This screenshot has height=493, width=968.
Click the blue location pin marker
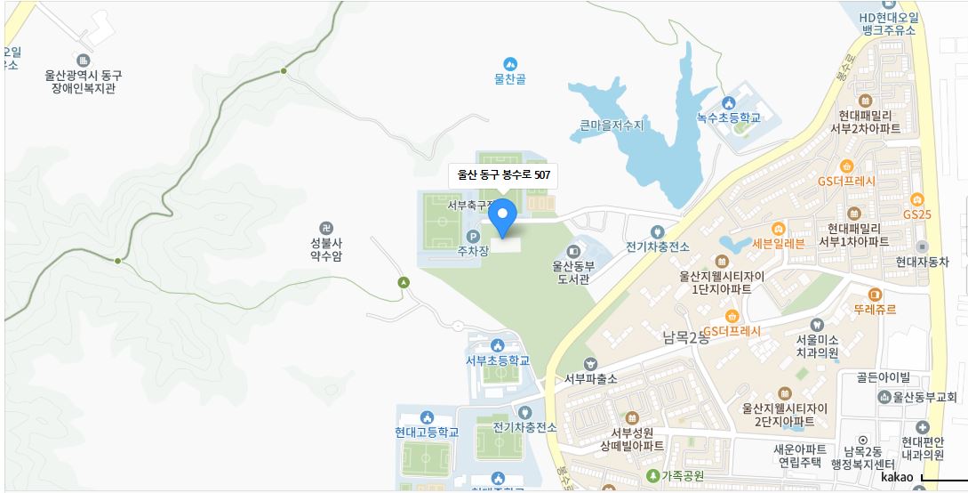click(503, 217)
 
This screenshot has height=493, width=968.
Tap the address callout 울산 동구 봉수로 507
click(503, 175)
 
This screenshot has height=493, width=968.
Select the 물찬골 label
click(510, 78)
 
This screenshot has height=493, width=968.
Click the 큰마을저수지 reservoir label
click(612, 125)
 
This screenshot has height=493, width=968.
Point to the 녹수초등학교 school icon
click(729, 102)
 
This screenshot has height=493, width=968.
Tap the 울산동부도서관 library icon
click(573, 248)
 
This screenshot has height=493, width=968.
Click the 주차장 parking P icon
click(473, 236)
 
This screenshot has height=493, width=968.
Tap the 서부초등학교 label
click(498, 360)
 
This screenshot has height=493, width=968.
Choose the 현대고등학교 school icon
click(428, 416)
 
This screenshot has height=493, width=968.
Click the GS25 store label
click(916, 214)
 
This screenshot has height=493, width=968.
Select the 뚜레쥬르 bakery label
click(875, 309)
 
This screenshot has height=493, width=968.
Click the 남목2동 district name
click(686, 338)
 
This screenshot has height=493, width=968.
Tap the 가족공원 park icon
click(653, 476)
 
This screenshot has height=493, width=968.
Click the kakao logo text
click(896, 478)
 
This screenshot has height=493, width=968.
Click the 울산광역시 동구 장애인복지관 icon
click(84, 61)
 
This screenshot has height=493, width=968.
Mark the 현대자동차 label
click(922, 262)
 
